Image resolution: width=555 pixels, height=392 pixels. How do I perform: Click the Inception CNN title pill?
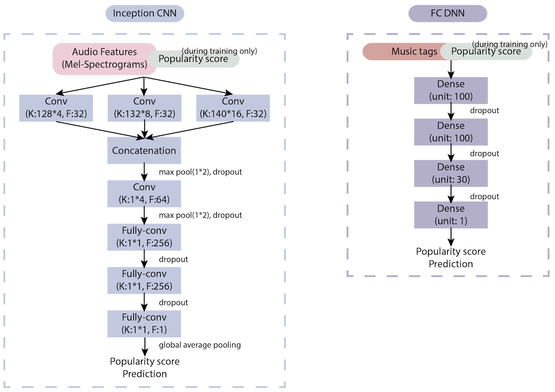145,14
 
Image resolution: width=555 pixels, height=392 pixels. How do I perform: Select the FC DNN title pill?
447,14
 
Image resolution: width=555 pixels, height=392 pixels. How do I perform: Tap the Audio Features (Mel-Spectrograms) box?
104,59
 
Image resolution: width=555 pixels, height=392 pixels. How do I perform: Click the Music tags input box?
404,51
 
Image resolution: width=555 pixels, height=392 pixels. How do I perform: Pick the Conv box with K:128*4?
56,108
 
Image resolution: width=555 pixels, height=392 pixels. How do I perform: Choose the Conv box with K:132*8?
144,108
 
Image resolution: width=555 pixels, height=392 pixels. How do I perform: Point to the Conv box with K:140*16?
233,108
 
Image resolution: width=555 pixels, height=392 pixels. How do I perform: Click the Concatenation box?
144,150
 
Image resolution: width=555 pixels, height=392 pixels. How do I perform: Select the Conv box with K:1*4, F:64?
144,194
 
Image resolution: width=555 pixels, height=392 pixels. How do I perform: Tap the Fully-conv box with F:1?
144,324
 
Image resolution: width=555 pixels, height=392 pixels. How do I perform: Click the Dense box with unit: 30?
451,173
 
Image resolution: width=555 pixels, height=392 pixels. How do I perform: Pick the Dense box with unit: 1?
451,215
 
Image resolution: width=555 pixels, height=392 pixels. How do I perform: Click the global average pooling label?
200,345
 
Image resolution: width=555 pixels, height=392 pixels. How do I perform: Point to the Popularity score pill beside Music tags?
486,52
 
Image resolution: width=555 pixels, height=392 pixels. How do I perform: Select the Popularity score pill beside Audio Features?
193,59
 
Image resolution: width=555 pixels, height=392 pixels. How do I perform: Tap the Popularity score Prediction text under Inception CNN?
145,367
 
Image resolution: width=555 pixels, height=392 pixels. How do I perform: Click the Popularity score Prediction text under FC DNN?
451,258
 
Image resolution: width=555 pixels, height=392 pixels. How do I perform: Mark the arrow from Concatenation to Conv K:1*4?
144,172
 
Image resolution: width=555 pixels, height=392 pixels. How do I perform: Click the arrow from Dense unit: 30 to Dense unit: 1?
451,194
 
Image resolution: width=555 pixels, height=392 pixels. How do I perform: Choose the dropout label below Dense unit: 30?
485,197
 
